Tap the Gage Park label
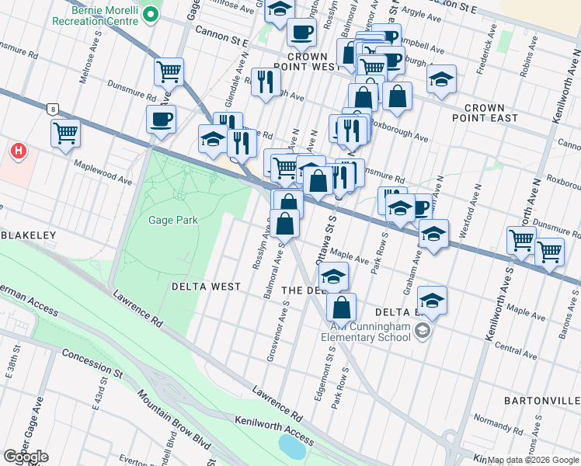pos(173,220)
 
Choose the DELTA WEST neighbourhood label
pos(206,287)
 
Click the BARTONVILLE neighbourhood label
pos(541,401)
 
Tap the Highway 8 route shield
pos(52,109)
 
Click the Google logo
pos(26,456)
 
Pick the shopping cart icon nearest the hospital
pos(66,132)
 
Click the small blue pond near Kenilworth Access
pos(291,446)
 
